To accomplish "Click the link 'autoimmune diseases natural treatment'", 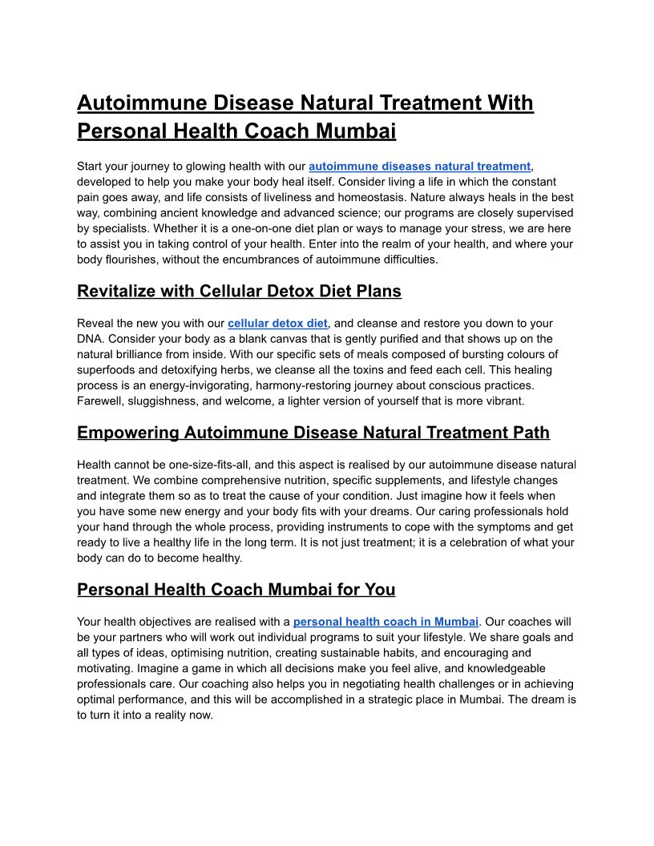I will click(419, 167).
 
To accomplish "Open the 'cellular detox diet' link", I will click(277, 324).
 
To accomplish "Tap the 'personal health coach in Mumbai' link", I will click(386, 622).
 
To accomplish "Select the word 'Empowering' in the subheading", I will click(128, 433).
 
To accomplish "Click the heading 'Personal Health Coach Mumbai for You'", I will click(236, 590).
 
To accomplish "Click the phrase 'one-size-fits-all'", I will click(194, 465).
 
